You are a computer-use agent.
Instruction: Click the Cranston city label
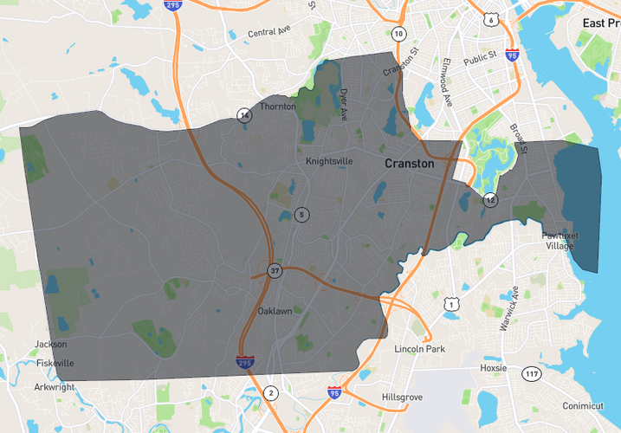(410, 163)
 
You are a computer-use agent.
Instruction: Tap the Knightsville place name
(330, 161)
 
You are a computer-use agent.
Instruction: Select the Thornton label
(278, 107)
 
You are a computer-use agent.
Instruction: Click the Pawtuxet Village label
(559, 240)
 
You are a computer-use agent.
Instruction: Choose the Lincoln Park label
(419, 349)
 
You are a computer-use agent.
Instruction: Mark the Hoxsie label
(493, 368)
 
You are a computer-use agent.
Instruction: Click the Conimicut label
(582, 406)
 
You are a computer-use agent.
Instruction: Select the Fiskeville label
(54, 363)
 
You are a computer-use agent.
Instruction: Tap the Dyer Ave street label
(343, 103)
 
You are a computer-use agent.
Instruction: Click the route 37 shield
(275, 270)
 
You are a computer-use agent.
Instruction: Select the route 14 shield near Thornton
(245, 115)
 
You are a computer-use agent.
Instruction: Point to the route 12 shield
(490, 200)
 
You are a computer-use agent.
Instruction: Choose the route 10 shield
(398, 34)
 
